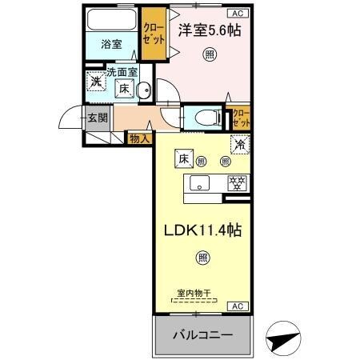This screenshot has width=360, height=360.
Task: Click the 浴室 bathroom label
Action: tap(111, 45)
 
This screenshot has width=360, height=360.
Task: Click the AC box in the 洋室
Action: tap(238, 13)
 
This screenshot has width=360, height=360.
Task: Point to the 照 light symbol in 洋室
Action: tap(209, 54)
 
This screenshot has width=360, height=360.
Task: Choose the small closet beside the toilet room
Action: tap(238, 119)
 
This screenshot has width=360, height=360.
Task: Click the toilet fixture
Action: tap(204, 118)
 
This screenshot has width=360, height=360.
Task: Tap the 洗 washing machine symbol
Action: tap(95, 82)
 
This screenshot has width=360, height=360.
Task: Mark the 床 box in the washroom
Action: tap(125, 90)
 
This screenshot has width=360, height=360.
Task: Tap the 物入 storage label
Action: tap(138, 138)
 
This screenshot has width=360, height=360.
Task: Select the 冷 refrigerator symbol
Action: tap(238, 146)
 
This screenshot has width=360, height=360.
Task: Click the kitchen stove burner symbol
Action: tap(236, 183)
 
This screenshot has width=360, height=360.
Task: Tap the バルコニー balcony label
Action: tap(203, 334)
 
